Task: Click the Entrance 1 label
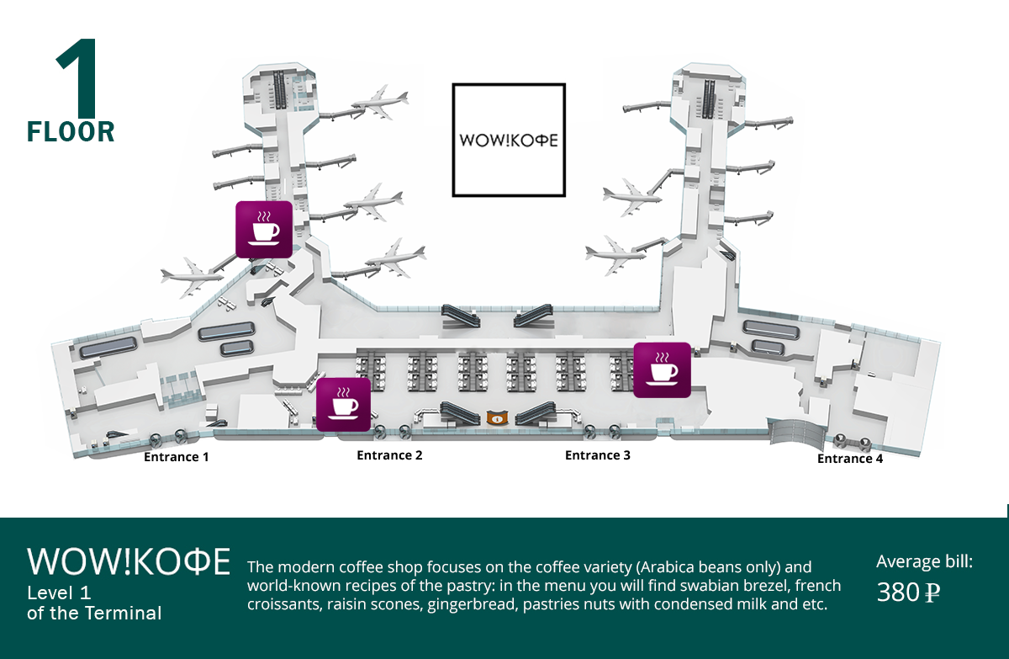click(x=176, y=457)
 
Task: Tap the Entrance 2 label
click(x=389, y=455)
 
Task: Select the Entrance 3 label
click(x=598, y=455)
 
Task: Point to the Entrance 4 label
click(x=850, y=459)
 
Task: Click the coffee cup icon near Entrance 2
click(x=343, y=404)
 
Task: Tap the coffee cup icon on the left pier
click(x=264, y=230)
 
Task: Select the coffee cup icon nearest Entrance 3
click(x=662, y=370)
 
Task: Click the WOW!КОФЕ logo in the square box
click(x=509, y=141)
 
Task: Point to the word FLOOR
click(x=71, y=132)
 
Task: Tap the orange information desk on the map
click(x=497, y=417)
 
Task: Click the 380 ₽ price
click(x=908, y=593)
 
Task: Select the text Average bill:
click(x=924, y=561)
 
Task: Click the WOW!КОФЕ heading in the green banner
click(x=129, y=561)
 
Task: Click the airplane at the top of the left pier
click(x=381, y=102)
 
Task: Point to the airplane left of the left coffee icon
click(x=192, y=277)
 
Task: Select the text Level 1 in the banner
click(x=59, y=593)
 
